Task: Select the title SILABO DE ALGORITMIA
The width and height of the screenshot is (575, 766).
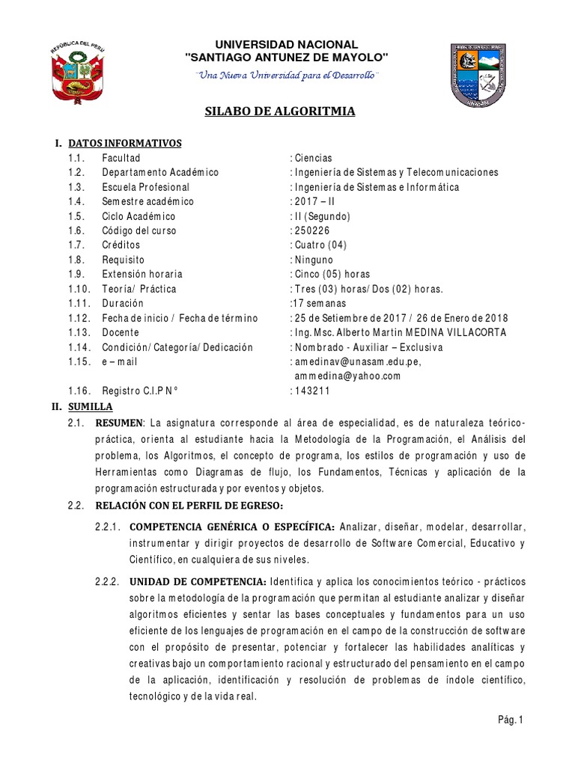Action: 280,112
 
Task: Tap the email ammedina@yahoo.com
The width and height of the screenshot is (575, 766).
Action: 347,376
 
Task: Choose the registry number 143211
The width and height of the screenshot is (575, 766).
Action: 310,391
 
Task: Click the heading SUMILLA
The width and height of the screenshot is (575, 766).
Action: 90,406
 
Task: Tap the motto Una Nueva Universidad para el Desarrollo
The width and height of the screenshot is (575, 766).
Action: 287,76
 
